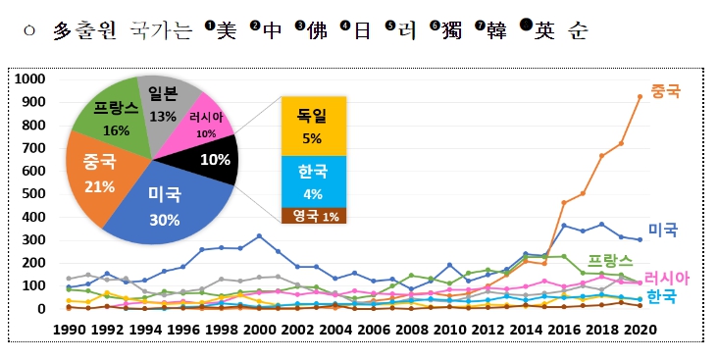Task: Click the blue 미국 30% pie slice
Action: pos(170,206)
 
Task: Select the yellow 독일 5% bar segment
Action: pos(314,127)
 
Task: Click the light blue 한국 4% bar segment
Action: pos(314,181)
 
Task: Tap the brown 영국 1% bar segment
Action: pos(314,216)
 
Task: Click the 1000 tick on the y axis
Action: pos(30,78)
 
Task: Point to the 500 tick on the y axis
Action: pos(34,193)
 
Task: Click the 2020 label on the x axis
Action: pos(642,330)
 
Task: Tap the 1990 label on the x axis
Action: pos(69,330)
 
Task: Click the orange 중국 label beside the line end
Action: pos(666,91)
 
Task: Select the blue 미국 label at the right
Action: pos(663,230)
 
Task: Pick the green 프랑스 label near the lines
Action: pos(610,261)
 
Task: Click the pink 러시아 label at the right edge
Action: pos(667,278)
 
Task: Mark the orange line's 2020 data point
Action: pos(641,97)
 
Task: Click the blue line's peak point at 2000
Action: pos(259,235)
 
